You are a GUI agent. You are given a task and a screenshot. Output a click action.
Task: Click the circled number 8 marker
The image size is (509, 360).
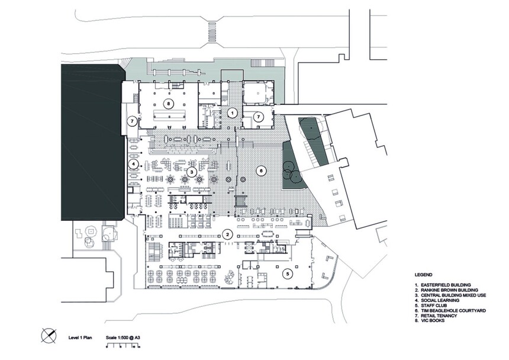click(168, 104)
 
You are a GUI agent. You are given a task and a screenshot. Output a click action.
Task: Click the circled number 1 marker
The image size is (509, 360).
click(232, 113)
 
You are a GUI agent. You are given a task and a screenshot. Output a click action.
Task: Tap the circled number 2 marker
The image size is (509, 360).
click(228, 234)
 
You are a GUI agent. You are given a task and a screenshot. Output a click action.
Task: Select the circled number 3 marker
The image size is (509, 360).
click(192, 172)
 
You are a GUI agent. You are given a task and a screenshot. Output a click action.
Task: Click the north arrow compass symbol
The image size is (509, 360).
click(49, 335)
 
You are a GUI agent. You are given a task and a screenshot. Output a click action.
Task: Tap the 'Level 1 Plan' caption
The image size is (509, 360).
click(80, 337)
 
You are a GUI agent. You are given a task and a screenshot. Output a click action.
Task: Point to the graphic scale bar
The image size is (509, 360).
click(123, 346)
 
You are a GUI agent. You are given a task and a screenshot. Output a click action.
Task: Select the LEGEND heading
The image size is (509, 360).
click(423, 275)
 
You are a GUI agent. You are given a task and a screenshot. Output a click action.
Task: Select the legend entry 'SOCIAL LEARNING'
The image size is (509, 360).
click(440, 301)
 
